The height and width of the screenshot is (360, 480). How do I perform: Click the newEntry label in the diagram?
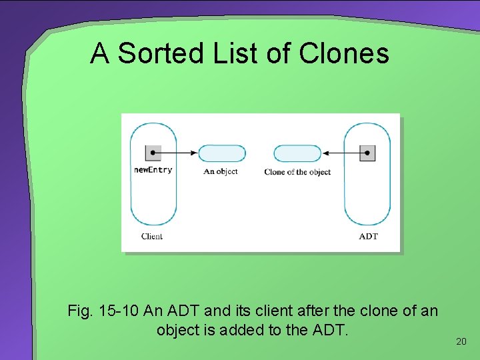coord(153,170)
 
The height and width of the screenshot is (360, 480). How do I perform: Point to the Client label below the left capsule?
coord(152,236)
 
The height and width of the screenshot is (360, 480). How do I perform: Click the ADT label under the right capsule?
coord(368,236)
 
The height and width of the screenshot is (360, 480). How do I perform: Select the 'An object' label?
coord(221,171)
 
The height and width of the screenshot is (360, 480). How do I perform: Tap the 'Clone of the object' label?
coord(297,172)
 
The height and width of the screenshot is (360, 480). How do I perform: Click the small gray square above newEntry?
coord(153,153)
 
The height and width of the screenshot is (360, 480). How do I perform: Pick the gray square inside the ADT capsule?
coord(367,153)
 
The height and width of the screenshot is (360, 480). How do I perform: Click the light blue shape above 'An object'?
coord(221,153)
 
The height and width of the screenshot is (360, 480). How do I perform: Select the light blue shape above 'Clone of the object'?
coord(298,153)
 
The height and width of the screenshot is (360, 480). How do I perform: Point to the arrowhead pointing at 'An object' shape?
coord(194,153)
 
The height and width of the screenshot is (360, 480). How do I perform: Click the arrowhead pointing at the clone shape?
coord(325,153)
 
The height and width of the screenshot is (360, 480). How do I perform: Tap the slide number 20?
coord(461,341)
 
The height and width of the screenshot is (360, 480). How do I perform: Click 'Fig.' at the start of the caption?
coord(80,311)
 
